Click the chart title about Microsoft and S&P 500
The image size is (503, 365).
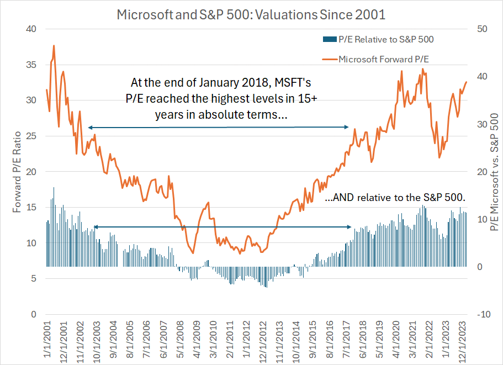[251, 14]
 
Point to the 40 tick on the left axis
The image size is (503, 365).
[32, 29]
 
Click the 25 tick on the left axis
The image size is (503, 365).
[32, 136]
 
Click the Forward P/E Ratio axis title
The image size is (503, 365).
[17, 171]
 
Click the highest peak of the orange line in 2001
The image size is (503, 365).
[54, 46]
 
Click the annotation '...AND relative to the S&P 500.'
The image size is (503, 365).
[396, 197]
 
